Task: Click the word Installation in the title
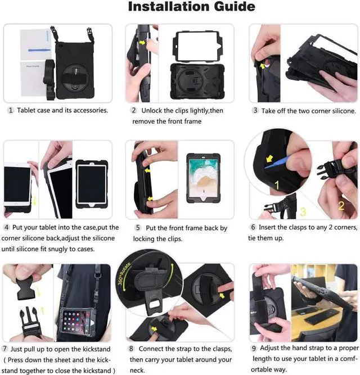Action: [166, 7]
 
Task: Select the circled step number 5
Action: [137, 228]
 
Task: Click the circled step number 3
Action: [255, 111]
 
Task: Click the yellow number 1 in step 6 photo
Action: [276, 183]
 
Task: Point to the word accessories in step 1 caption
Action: [89, 111]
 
